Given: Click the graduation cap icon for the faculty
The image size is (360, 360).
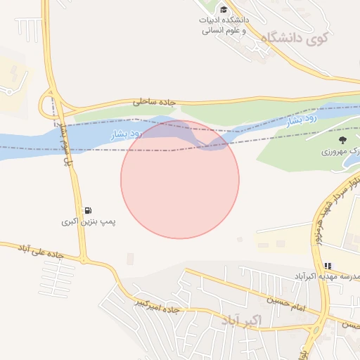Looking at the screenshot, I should [x=224, y=9].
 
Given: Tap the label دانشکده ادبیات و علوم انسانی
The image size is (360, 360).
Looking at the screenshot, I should [x=224, y=25].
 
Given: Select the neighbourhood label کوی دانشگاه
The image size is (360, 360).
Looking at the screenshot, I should [x=294, y=39].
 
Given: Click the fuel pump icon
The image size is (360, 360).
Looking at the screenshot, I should [x=88, y=210].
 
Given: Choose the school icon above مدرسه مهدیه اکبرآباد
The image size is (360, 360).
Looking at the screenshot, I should [x=328, y=266].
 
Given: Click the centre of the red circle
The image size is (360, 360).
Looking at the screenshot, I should [x=180, y=179].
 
